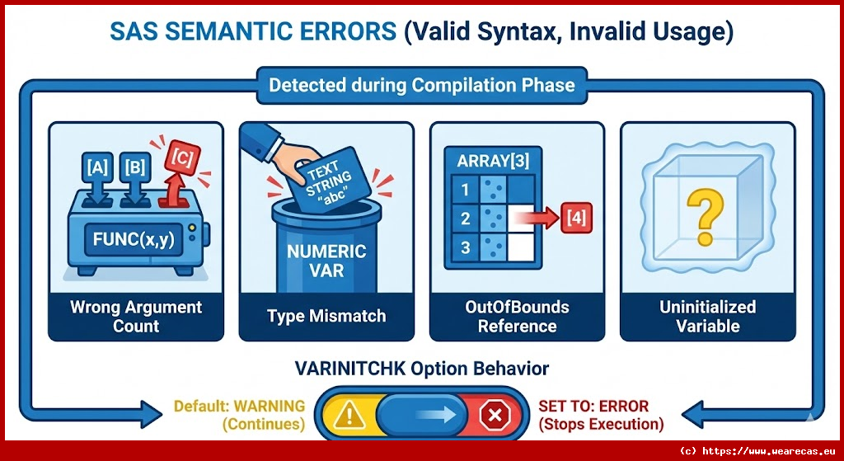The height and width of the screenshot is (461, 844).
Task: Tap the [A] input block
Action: point(97,167)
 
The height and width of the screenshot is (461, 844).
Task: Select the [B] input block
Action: point(134,167)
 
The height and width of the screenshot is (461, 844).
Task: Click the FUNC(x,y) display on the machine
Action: point(134,239)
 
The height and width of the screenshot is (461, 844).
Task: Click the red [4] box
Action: point(576,218)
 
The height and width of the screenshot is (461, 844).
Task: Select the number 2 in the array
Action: point(465,218)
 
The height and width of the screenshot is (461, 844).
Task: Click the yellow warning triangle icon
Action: point(349,415)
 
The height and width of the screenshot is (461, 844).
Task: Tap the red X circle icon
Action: point(495,415)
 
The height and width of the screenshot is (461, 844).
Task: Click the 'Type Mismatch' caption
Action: point(326,316)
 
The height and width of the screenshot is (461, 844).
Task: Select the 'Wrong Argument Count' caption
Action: point(136,317)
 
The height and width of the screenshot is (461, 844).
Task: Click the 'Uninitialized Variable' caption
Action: point(707,317)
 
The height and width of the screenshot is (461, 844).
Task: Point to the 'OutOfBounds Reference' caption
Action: point(517,317)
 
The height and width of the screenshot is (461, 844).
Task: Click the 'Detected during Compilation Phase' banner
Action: point(421,86)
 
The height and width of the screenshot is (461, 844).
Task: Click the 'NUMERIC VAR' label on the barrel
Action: point(326,260)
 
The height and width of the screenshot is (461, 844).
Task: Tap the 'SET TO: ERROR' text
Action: point(593,406)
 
